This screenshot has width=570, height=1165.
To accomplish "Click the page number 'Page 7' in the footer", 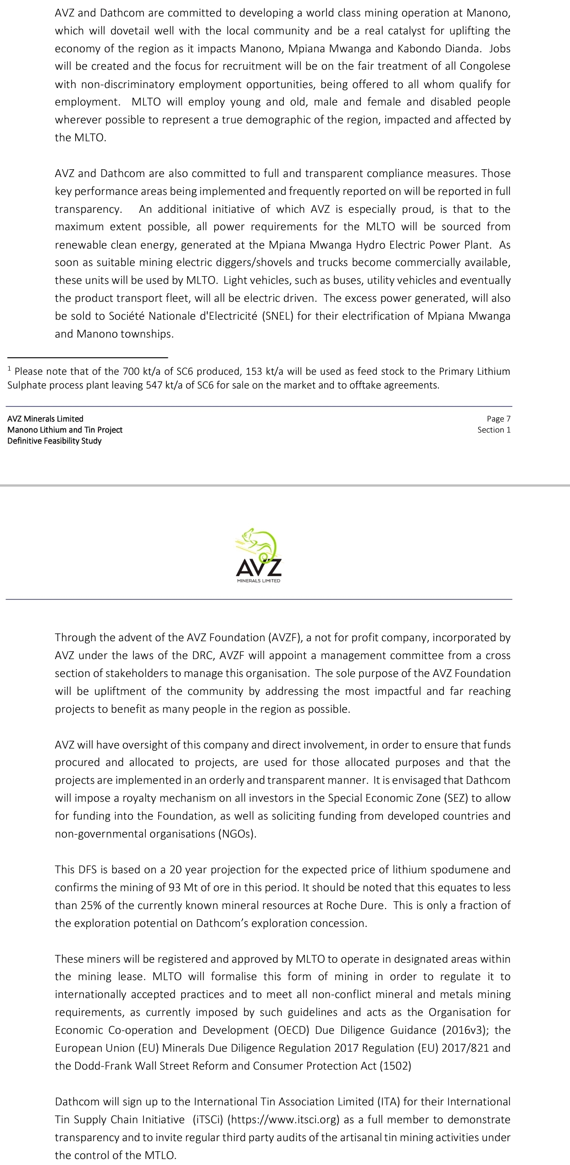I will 498,419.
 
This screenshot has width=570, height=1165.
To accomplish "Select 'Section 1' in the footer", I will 494,430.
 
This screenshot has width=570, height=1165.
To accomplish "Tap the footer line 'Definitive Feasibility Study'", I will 54,441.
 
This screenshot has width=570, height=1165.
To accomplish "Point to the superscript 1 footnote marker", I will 10,368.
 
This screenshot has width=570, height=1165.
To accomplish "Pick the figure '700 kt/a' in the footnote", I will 140,372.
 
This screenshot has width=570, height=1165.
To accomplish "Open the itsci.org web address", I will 284,1120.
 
